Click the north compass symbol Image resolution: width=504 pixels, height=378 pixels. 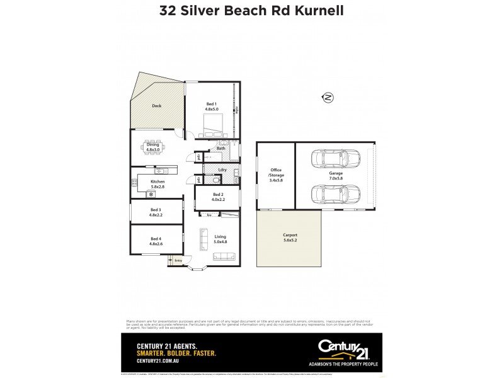click(328, 97)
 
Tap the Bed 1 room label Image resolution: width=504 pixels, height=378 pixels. click(212, 106)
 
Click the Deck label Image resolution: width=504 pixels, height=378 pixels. click(156, 106)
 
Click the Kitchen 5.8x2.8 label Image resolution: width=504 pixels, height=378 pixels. click(157, 184)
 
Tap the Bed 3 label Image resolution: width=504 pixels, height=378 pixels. click(156, 212)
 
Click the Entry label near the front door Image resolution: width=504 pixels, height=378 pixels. click(178, 260)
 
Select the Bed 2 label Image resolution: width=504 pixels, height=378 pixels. click(218, 197)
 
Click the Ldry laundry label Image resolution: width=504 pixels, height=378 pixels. click(222, 170)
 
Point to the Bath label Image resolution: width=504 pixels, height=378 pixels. click(220, 149)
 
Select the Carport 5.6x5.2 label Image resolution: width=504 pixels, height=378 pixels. click(290, 238)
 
